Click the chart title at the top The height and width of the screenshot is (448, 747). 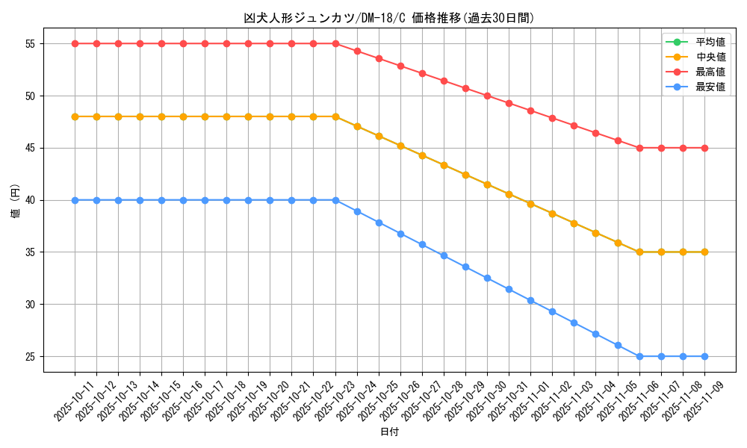(389, 18)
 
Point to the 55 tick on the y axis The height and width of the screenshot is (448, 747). (31, 44)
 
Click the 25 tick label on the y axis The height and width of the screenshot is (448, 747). (31, 357)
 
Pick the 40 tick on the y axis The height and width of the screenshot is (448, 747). (31, 200)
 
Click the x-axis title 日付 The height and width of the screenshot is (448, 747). (389, 432)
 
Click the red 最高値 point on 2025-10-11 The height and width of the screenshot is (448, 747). (75, 44)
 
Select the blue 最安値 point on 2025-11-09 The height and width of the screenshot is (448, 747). (704, 357)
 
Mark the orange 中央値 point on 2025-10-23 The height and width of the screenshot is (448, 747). (335, 116)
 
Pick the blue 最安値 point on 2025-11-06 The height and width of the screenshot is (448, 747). (639, 357)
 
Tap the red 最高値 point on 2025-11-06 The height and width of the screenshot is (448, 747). (639, 148)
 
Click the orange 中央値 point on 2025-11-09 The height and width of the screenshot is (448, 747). (704, 252)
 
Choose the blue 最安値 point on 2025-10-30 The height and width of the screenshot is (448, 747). (509, 289)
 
